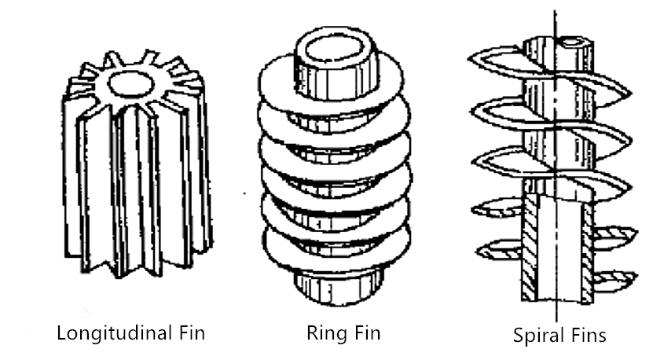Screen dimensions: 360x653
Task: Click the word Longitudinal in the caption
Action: (x=107, y=332)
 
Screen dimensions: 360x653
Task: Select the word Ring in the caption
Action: (x=323, y=332)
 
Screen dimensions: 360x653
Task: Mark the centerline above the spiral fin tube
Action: (x=556, y=20)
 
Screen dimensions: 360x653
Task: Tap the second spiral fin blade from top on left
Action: (x=503, y=108)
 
